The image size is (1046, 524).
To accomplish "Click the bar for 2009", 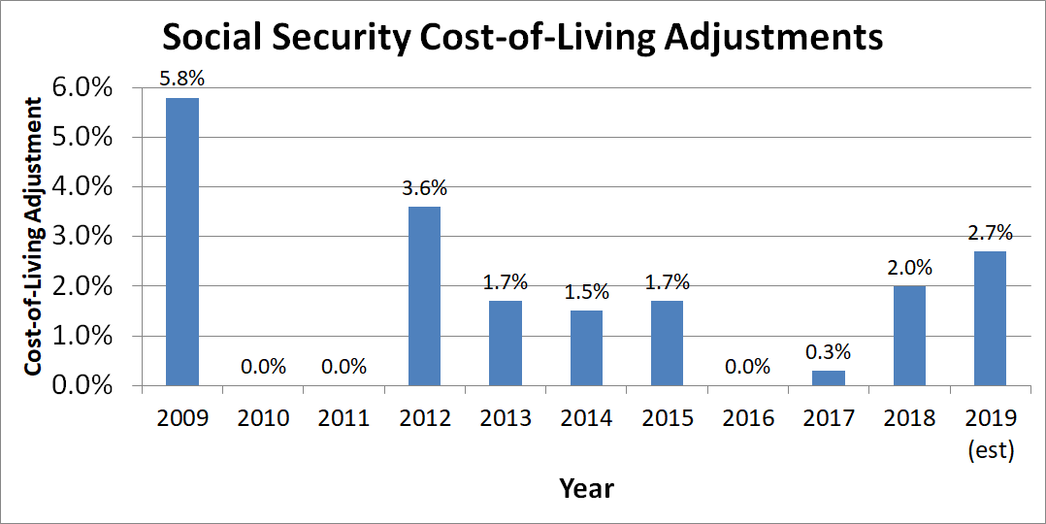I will tap(182, 242).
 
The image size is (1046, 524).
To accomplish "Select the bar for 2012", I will tap(425, 296).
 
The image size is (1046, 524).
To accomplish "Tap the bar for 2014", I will tap(586, 348).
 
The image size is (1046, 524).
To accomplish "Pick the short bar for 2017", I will tap(829, 377).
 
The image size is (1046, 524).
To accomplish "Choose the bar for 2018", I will tap(909, 336).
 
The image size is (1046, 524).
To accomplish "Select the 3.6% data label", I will tap(425, 189).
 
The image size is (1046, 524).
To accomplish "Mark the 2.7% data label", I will tap(990, 233).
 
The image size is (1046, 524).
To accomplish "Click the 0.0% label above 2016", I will tap(748, 367).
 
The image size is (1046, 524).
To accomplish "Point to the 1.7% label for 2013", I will tap(506, 282).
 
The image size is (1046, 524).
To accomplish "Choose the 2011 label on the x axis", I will tap(344, 418).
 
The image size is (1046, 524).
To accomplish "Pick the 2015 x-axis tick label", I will tap(668, 418).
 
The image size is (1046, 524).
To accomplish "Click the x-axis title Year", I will tap(586, 487).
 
